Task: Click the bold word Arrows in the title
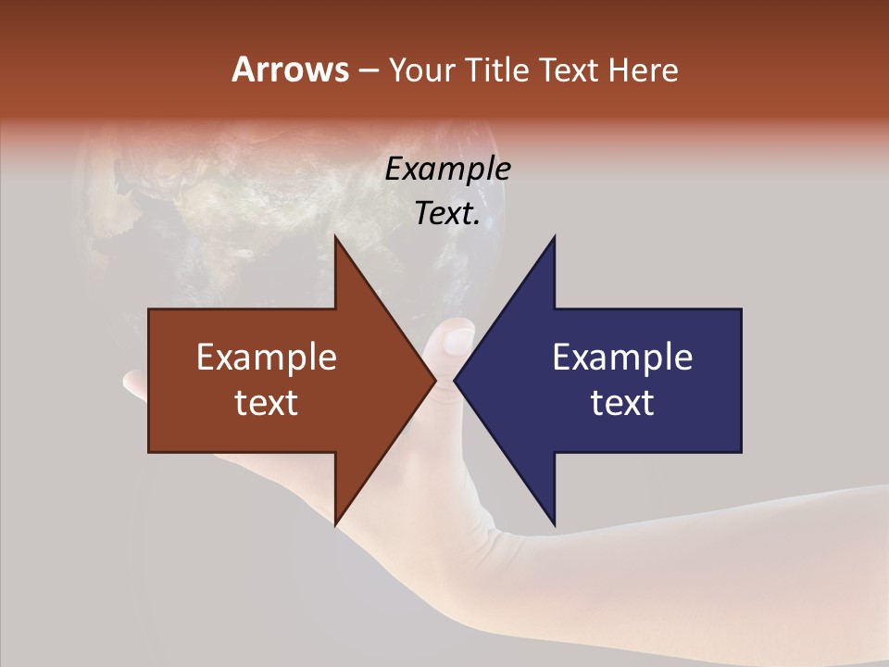click(x=289, y=69)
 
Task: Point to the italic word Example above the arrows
click(x=447, y=170)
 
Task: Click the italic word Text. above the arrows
click(x=447, y=214)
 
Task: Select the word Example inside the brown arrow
click(x=266, y=358)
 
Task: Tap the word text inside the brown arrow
click(x=266, y=403)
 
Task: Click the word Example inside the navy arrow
click(x=622, y=358)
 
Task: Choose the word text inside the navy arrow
click(x=622, y=403)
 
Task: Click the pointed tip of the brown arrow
click(x=434, y=381)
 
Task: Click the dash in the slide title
click(x=368, y=70)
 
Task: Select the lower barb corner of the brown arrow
click(x=335, y=522)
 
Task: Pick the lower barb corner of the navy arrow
click(x=555, y=522)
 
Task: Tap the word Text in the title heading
click(x=569, y=69)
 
